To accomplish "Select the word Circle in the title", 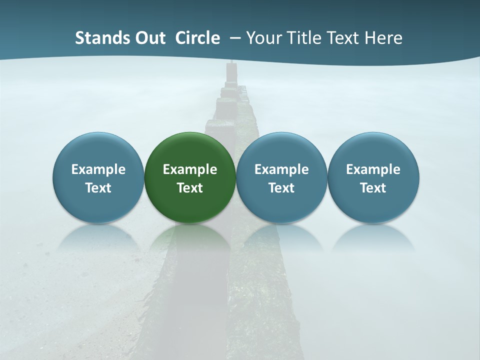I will tap(197, 38).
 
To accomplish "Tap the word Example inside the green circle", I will tap(190, 169).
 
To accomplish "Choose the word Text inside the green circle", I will tap(190, 188).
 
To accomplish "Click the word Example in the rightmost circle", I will tap(373, 169).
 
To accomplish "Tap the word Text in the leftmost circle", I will tap(98, 188).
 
